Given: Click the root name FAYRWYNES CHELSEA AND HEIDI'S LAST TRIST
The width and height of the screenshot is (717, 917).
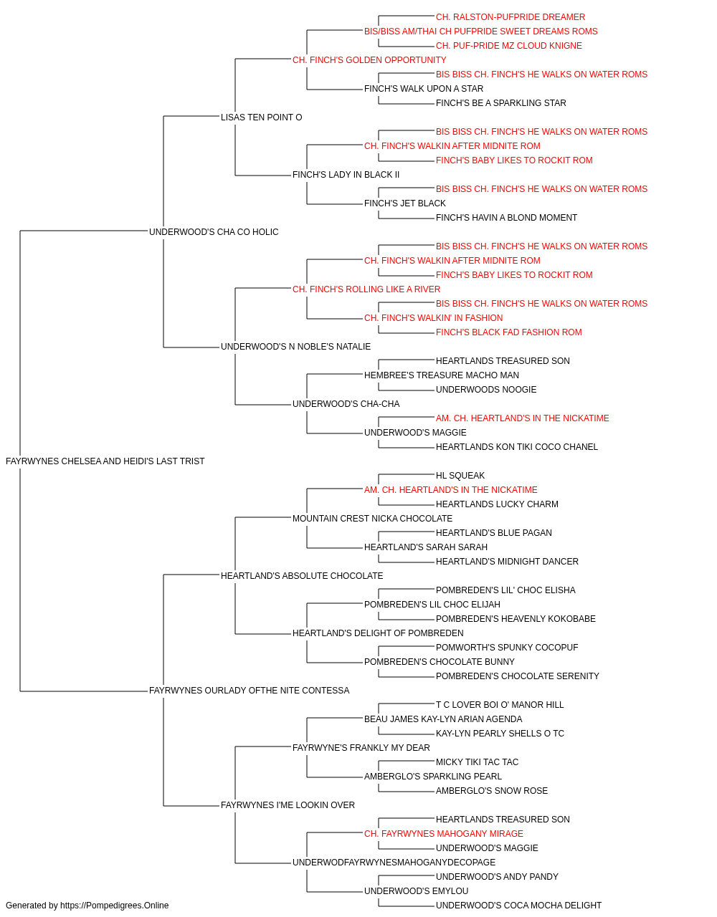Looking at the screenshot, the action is tap(105, 461).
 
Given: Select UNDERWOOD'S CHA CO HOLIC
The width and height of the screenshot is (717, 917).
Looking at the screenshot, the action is tap(214, 232).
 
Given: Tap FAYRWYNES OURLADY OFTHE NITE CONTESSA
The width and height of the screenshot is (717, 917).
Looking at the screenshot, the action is tap(249, 691).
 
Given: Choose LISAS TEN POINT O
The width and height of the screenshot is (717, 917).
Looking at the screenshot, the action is tap(262, 117).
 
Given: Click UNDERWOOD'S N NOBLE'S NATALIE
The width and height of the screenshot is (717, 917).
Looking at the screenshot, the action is tap(295, 347).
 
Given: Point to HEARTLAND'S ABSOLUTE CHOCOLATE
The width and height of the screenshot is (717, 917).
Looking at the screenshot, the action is tap(302, 575).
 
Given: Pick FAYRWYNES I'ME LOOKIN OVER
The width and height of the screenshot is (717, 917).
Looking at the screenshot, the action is tap(288, 805).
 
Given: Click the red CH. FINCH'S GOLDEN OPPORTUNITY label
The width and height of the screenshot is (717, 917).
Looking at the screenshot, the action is tap(369, 60).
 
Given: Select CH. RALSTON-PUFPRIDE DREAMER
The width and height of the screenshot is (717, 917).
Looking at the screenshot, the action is tap(511, 17).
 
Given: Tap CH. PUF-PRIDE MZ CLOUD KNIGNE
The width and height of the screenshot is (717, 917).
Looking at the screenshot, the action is tap(509, 46).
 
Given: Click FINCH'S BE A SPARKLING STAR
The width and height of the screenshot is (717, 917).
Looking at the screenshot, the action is tap(500, 103).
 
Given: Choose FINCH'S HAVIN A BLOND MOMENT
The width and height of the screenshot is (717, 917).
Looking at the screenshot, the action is tap(506, 218).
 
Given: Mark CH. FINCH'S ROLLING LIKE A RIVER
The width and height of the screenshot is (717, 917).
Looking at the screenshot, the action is tap(366, 289).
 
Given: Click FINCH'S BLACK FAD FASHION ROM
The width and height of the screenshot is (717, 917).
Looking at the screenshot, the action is tap(509, 332).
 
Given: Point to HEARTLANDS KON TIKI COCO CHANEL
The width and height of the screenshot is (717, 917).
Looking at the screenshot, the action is tap(517, 447).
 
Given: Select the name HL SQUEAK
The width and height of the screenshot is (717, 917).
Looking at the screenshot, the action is tap(460, 476).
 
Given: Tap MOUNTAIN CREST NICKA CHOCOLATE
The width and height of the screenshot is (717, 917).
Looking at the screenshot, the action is tap(372, 518).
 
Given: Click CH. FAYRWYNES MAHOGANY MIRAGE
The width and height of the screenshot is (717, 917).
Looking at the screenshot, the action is tap(444, 834).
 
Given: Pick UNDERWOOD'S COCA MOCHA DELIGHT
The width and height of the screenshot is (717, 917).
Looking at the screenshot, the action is tap(518, 906).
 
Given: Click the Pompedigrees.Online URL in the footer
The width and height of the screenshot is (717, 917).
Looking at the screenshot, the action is tap(115, 906).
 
